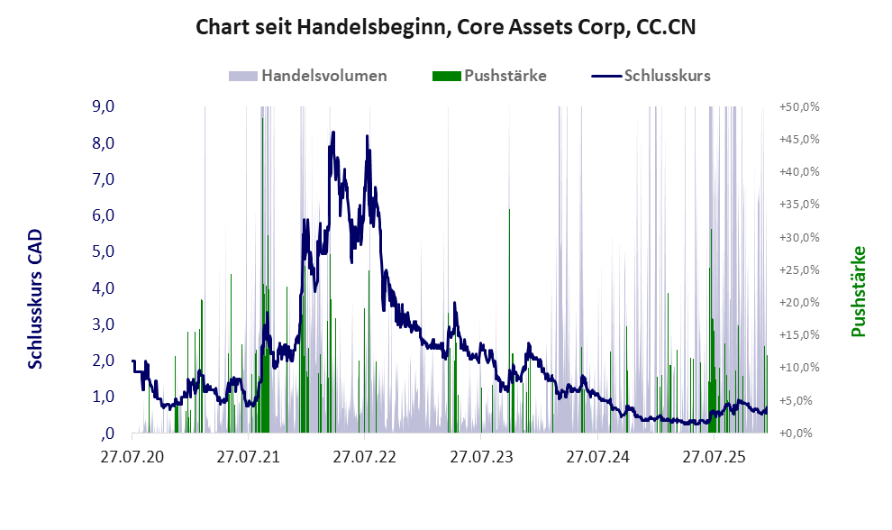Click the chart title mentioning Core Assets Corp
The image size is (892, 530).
click(446, 28)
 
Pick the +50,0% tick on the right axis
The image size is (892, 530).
click(797, 106)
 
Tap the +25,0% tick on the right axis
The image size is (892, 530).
click(797, 270)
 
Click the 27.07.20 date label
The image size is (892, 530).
click(132, 458)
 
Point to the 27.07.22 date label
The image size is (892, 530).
click(365, 458)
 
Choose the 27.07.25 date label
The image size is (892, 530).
click(714, 458)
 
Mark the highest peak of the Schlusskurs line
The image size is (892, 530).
click(333, 132)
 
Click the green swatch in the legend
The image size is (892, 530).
click(446, 76)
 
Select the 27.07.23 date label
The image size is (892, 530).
click(481, 458)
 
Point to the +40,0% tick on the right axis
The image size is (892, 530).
click(797, 171)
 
